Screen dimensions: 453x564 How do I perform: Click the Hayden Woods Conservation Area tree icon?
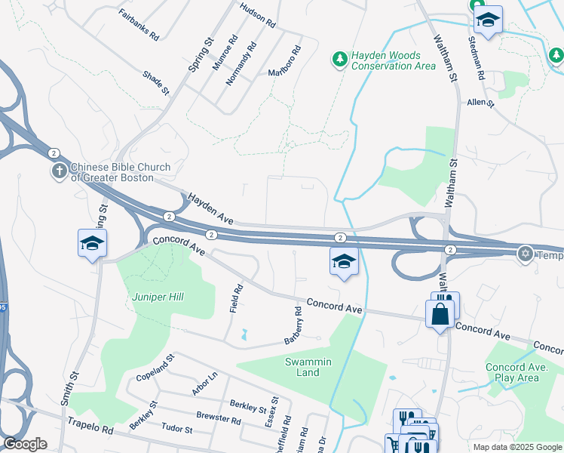click(x=340, y=58)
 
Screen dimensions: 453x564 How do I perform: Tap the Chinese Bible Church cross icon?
click(x=60, y=172)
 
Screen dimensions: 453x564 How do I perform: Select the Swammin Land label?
click(x=308, y=367)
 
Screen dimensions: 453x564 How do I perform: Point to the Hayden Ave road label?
click(x=210, y=208)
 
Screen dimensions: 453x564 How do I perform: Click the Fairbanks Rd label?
click(x=139, y=24)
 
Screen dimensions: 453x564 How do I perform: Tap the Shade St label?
click(x=156, y=83)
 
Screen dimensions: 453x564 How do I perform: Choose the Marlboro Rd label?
click(x=285, y=63)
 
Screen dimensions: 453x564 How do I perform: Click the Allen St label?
click(x=480, y=102)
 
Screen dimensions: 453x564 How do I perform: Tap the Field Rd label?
click(x=237, y=299)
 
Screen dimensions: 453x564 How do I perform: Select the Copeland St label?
click(x=155, y=365)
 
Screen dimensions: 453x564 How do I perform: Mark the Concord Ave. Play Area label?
click(x=512, y=372)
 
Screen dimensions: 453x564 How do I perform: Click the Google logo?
click(x=25, y=444)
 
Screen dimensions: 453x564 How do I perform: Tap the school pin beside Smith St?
click(x=92, y=243)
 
